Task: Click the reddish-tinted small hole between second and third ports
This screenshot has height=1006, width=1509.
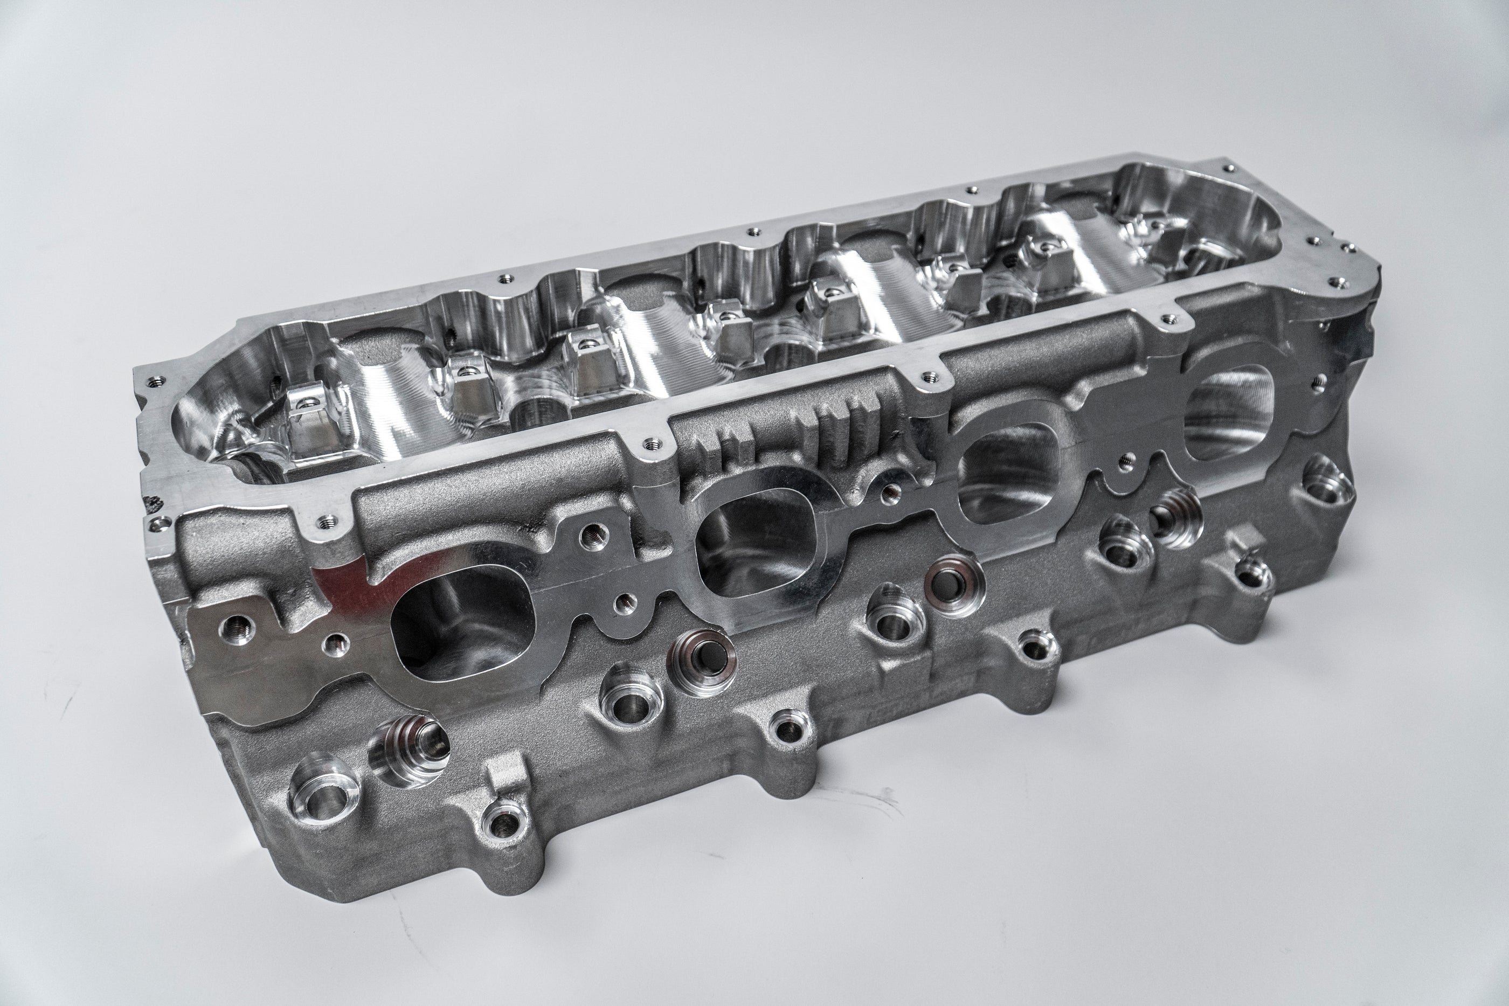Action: point(889,492)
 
